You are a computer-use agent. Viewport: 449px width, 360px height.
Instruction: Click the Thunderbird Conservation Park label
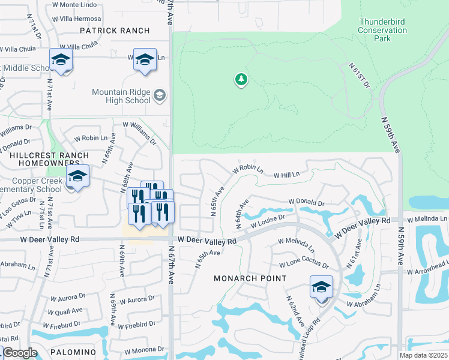(382, 30)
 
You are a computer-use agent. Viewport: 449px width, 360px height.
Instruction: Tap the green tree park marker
(241, 79)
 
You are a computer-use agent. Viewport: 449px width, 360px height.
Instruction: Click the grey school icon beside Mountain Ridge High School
(160, 95)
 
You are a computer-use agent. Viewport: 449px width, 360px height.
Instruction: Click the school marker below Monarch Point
(321, 287)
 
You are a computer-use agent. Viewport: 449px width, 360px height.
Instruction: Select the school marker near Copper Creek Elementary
(77, 176)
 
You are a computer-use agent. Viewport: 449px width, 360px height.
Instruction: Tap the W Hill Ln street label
(286, 175)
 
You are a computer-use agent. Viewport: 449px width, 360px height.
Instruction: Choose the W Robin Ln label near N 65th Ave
(247, 169)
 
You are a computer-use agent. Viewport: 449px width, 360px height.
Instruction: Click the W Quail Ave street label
(67, 310)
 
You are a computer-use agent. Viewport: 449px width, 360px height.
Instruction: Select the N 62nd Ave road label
(295, 310)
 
